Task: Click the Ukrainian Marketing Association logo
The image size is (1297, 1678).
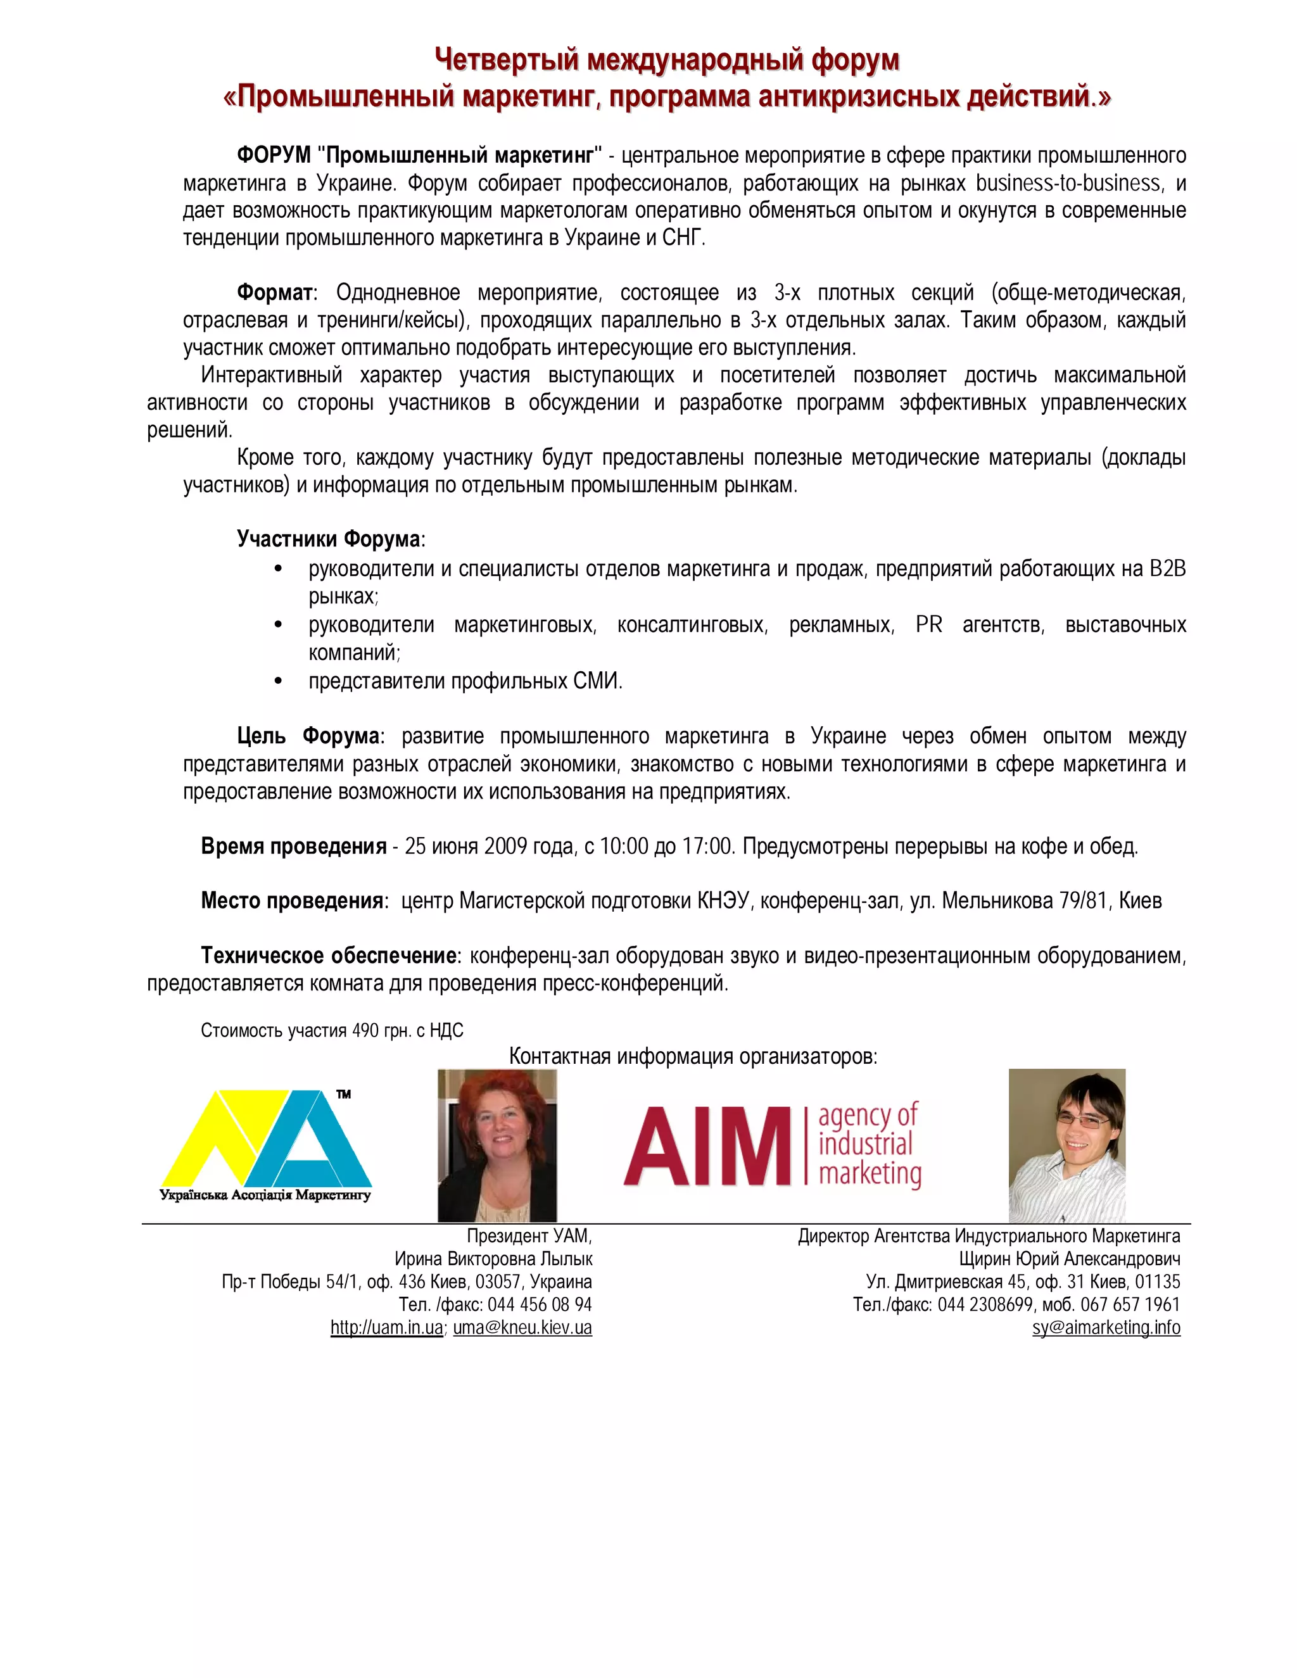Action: (x=266, y=1145)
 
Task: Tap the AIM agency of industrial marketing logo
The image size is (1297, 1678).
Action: (x=771, y=1145)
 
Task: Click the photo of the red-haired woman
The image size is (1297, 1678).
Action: (x=497, y=1145)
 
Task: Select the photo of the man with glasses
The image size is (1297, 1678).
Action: (x=1066, y=1145)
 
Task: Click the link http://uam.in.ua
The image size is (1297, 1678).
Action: (x=386, y=1328)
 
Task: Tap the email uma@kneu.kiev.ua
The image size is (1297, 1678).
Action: (x=522, y=1328)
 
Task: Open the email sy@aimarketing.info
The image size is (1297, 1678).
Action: (x=1106, y=1328)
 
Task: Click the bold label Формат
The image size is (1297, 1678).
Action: (x=275, y=293)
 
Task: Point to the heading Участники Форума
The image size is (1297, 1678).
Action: (x=329, y=539)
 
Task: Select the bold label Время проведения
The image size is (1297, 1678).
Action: (x=293, y=846)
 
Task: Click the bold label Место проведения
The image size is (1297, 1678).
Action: (x=292, y=900)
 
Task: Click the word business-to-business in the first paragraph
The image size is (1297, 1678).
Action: (x=1068, y=183)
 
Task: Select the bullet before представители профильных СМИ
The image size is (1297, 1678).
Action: (x=278, y=681)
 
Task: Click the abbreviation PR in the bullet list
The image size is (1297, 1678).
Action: (x=928, y=624)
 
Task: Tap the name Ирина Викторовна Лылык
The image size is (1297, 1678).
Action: (x=493, y=1259)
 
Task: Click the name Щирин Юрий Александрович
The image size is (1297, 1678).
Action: (x=1070, y=1259)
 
